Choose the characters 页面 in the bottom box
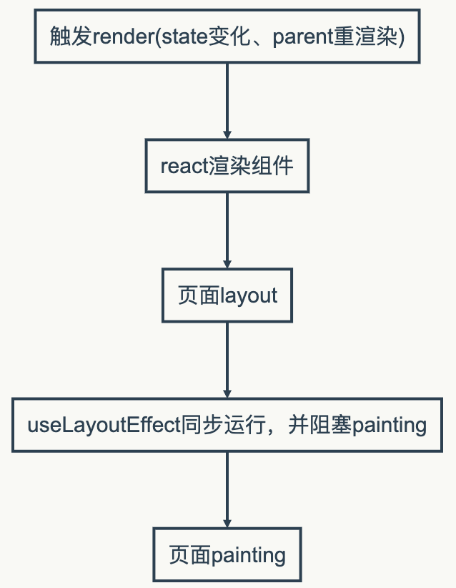click(x=190, y=554)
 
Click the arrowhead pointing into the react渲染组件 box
click(x=227, y=134)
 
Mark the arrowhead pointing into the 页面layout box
click(x=227, y=263)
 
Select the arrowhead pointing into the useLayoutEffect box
click(x=227, y=393)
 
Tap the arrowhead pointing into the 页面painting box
click(x=227, y=523)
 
